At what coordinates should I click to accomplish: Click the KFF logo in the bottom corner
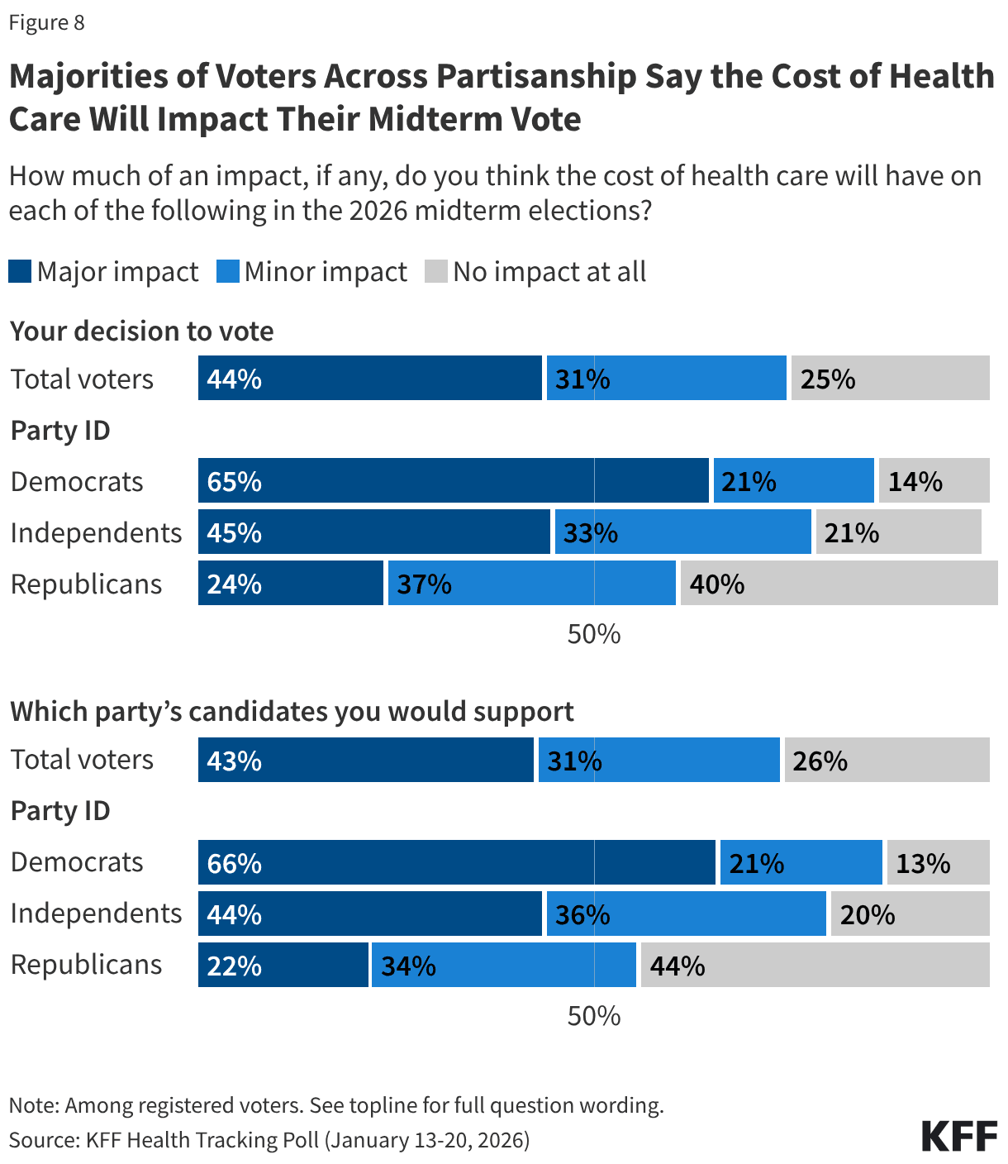tap(959, 1137)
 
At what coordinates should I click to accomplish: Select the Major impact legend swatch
tap(20, 271)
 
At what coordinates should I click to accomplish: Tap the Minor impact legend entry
tap(312, 271)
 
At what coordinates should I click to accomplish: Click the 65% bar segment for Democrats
tap(453, 480)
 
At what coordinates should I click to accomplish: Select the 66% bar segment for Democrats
tap(456, 862)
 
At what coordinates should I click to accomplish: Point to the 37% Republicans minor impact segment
tap(531, 583)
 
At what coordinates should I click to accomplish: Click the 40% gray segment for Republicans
tap(839, 583)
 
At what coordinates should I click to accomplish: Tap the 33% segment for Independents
tap(682, 532)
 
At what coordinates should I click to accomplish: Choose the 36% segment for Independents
tap(686, 914)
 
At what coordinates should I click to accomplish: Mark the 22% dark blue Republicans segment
tap(283, 965)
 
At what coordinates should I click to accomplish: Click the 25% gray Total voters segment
tap(890, 378)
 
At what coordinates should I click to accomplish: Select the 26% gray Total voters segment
tap(887, 760)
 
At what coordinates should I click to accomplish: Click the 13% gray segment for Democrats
tap(938, 862)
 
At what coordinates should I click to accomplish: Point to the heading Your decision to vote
tap(142, 331)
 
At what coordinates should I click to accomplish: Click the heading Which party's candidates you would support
tap(292, 711)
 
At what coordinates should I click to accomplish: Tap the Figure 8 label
tap(46, 22)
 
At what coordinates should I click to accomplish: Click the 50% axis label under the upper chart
tap(593, 634)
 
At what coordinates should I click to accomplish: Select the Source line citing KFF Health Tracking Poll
tap(269, 1140)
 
